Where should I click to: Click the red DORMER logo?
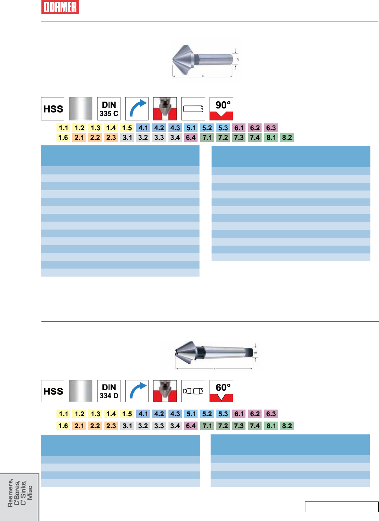click(x=60, y=7)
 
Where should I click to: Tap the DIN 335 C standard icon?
click(x=109, y=109)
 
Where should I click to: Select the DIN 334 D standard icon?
click(x=109, y=391)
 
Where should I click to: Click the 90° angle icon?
click(x=221, y=109)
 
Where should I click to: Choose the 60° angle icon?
click(x=221, y=391)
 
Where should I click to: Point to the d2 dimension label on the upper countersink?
click(x=238, y=60)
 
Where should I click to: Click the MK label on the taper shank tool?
click(x=255, y=353)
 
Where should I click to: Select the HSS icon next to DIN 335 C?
click(x=53, y=109)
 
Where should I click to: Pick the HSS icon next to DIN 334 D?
click(x=53, y=391)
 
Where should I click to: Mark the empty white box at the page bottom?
click(x=341, y=507)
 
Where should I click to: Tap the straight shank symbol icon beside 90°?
click(x=193, y=109)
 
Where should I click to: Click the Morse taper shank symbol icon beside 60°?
click(x=193, y=391)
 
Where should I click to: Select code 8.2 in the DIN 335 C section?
click(x=287, y=138)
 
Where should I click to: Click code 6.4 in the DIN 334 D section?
click(x=191, y=426)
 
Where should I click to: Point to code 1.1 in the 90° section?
click(x=64, y=128)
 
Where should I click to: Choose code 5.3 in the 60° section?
click(x=223, y=414)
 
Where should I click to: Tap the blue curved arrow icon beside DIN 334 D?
click(x=137, y=391)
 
